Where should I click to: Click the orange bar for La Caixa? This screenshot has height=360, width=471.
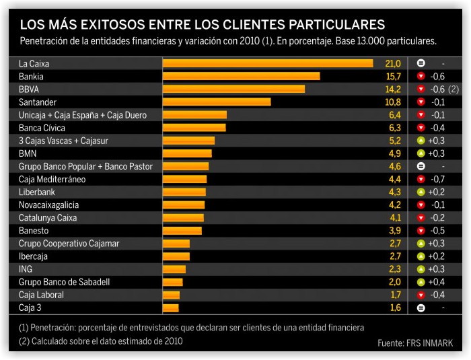(x=268, y=63)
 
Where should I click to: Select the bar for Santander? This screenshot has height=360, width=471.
(x=217, y=102)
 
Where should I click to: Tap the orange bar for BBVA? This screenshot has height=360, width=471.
(x=233, y=89)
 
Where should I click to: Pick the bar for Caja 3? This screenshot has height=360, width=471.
(x=171, y=308)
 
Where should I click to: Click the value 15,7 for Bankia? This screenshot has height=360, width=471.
(x=393, y=77)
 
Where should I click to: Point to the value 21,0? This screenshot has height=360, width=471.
(x=393, y=63)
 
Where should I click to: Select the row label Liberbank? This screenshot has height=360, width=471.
(x=36, y=192)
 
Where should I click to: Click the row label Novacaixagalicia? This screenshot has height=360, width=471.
(x=48, y=205)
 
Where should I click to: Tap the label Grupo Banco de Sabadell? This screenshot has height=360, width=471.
(x=64, y=282)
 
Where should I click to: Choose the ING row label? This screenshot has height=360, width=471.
(x=26, y=269)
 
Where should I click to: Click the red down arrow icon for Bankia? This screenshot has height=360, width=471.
(x=421, y=77)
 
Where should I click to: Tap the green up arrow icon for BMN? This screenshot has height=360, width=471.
(x=421, y=154)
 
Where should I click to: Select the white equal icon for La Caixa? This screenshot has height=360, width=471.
(x=421, y=63)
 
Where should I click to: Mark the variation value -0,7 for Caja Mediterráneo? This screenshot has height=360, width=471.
(x=437, y=180)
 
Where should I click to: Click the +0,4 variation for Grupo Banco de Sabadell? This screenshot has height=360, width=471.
(x=437, y=282)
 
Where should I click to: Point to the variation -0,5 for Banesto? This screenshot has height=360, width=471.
(x=437, y=231)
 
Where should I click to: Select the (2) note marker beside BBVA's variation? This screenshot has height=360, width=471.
(x=454, y=89)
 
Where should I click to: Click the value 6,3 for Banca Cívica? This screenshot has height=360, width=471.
(x=395, y=128)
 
